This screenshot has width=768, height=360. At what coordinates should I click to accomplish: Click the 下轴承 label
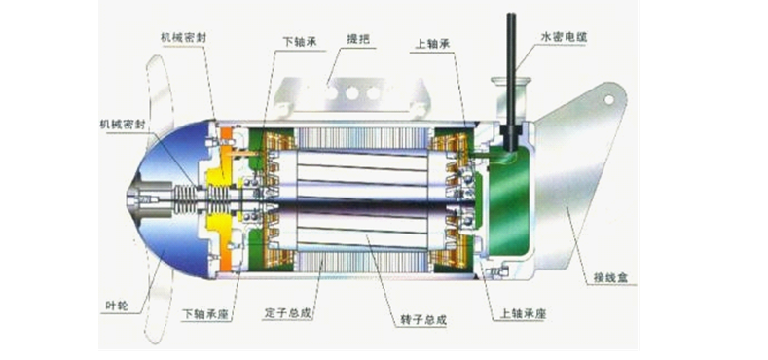[x=300, y=42]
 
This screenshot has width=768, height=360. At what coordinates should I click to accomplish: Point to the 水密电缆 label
[x=565, y=37]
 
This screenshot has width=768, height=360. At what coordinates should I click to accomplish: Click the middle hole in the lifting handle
[x=351, y=92]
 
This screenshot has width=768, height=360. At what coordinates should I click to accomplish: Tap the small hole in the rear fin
[x=610, y=99]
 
